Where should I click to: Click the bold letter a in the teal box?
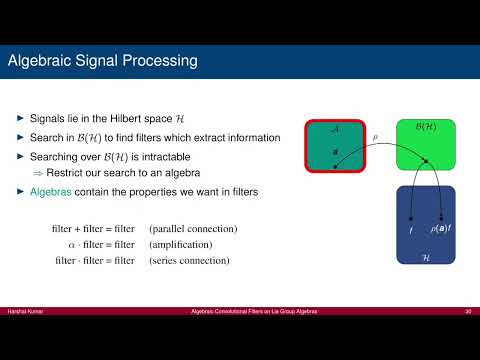(335, 152)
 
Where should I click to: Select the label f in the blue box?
(410, 231)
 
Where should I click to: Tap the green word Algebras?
(51, 190)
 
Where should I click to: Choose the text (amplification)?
(180, 245)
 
